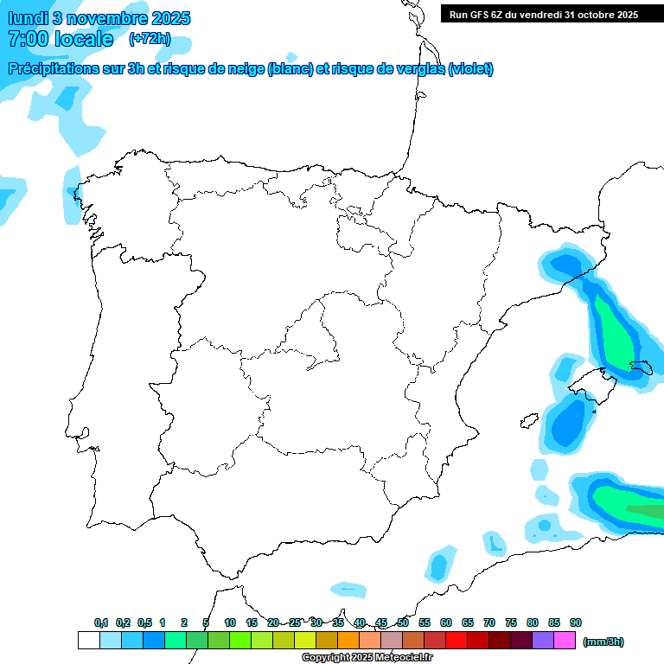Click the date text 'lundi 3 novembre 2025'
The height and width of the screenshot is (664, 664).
pos(99,18)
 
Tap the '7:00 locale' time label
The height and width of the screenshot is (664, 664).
pos(61,39)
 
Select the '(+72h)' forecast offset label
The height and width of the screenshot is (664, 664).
pos(150,39)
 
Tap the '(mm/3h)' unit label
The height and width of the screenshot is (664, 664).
pos(603,642)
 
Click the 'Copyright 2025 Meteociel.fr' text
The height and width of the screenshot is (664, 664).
pos(367,658)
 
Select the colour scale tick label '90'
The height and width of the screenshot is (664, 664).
pos(576,622)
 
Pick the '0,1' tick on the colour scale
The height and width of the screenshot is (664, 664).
pos(101,622)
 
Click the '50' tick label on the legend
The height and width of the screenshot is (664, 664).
pos(403,622)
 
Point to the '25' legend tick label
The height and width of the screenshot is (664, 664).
pos(295,622)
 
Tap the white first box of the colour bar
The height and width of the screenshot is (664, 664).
pos(88,641)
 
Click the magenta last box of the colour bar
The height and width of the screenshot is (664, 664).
pos(565,641)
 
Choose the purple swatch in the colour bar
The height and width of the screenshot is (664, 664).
pos(543,641)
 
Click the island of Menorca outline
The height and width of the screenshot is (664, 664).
pos(642,367)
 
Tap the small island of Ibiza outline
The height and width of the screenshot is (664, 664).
pos(527,420)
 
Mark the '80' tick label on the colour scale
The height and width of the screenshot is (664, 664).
pos(533,622)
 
